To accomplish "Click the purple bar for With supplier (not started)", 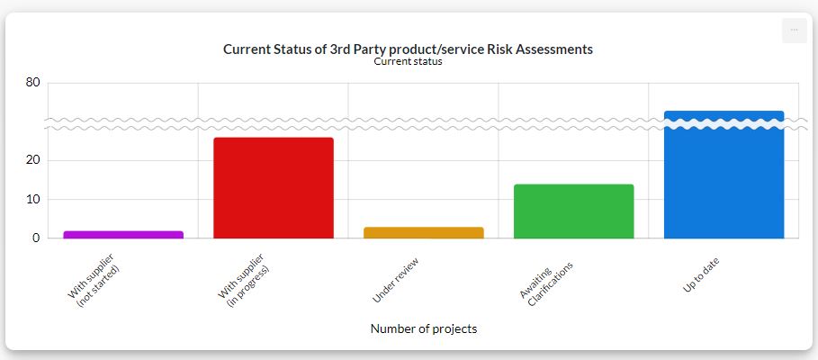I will point(123,235).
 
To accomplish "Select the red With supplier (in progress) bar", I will point(274,188).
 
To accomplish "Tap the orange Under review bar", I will point(423,233).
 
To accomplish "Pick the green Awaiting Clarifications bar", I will point(573,211).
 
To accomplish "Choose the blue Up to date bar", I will point(724,180).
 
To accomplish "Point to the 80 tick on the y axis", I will point(33,83).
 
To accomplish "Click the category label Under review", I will point(396,279).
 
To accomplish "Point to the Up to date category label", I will point(701,274).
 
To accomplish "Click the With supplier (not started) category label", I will point(95,283).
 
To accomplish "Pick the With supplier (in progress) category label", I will point(246,283).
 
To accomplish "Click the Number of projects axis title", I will point(424,328).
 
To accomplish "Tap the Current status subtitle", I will point(408,62).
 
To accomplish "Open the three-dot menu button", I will point(794,30).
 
